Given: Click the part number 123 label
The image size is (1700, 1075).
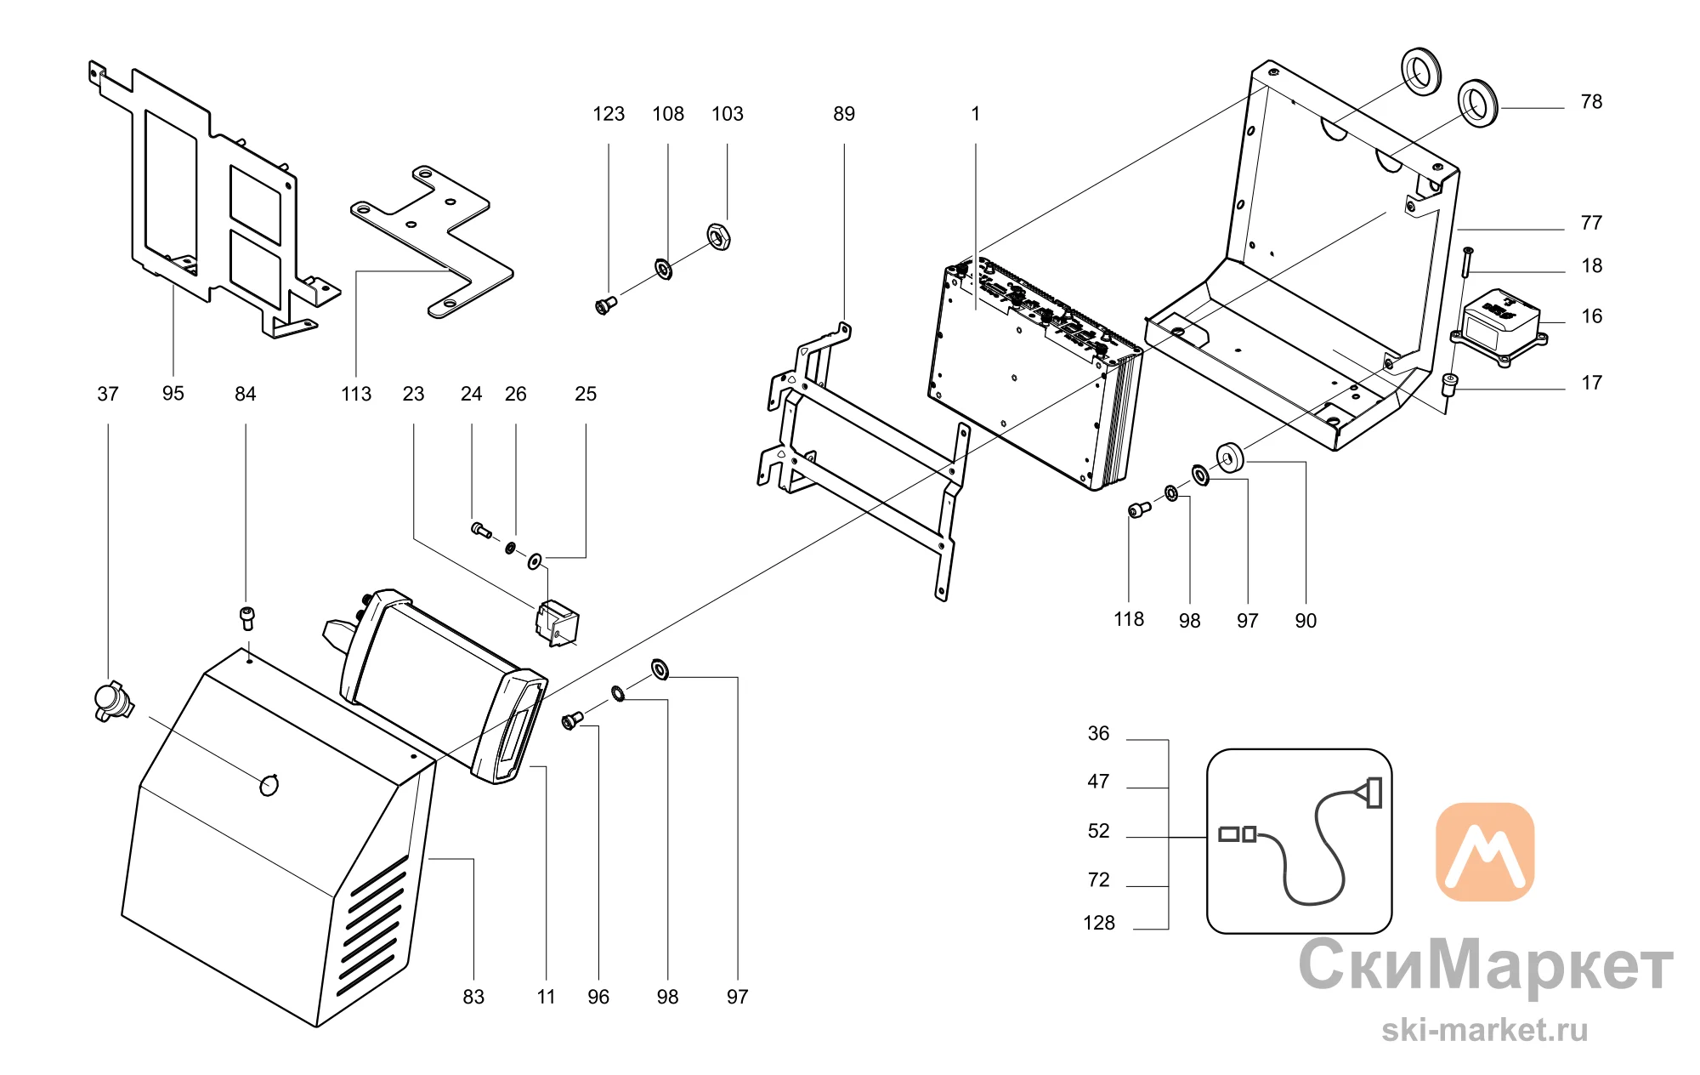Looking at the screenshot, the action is [609, 114].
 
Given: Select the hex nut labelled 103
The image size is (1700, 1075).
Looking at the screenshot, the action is [719, 236].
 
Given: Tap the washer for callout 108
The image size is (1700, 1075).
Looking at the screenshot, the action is [663, 270].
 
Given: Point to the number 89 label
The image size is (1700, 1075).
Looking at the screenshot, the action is [844, 114].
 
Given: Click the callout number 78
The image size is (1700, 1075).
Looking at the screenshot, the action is [1591, 102].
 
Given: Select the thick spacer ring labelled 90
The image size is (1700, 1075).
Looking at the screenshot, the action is [1229, 458].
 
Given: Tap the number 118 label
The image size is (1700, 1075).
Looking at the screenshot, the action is [1129, 619].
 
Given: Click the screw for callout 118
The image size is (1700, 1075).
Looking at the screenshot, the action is [1139, 509].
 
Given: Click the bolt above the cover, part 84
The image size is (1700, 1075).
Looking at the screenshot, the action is [247, 617].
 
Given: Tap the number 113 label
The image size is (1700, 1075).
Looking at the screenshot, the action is [356, 395].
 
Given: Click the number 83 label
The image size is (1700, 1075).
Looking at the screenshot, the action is [473, 997].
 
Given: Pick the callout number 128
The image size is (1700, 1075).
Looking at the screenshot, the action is [1099, 924].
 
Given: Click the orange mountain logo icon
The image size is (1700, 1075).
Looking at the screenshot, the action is [1485, 852].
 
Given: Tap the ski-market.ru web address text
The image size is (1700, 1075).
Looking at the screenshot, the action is [1485, 1031].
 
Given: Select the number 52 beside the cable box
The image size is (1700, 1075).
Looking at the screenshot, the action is [1099, 831].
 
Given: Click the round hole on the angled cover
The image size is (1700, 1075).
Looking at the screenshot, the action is [269, 785].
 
